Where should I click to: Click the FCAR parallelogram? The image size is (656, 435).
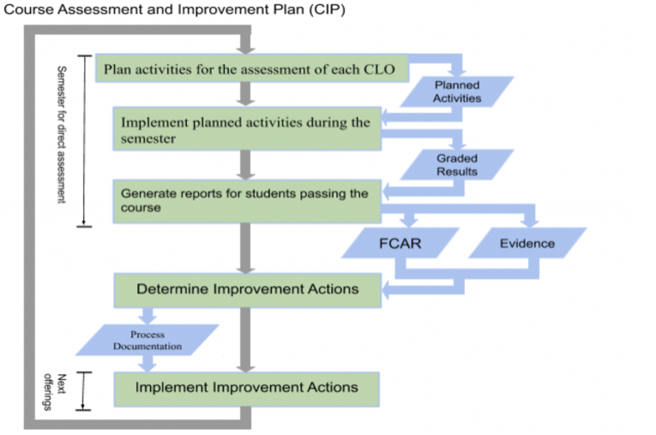click(x=400, y=243)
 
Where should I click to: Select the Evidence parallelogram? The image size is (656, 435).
click(x=527, y=243)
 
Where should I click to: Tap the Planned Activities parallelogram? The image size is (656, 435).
click(x=457, y=92)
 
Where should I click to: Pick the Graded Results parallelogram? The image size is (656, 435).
click(x=457, y=165)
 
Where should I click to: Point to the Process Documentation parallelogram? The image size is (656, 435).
click(x=147, y=340)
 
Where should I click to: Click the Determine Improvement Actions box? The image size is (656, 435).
click(x=247, y=291)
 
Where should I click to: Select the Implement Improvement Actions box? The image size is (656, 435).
click(x=246, y=389)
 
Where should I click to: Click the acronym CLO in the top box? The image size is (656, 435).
click(x=379, y=69)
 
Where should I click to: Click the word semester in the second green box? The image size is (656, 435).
click(x=148, y=139)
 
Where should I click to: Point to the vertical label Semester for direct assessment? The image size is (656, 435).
click(x=62, y=135)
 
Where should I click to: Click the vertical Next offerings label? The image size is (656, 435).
click(x=55, y=392)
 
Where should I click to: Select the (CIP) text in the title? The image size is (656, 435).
click(x=328, y=9)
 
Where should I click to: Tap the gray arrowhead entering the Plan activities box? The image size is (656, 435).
click(x=245, y=48)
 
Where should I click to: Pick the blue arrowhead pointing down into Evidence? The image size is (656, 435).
click(x=531, y=221)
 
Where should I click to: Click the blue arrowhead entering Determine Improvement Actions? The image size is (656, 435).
click(x=386, y=289)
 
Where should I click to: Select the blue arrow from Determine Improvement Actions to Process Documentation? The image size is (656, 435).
click(x=147, y=316)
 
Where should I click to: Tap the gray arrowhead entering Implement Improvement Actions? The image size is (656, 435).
click(x=245, y=366)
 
